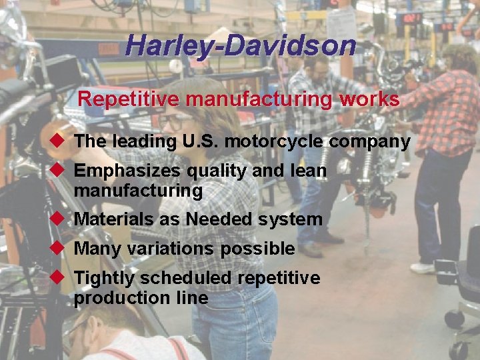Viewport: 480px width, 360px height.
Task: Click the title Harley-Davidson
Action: click(x=240, y=45)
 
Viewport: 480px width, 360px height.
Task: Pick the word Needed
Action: click(x=221, y=219)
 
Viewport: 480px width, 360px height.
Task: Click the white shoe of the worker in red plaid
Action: click(x=423, y=268)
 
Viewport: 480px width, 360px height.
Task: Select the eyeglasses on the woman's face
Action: click(x=174, y=122)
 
